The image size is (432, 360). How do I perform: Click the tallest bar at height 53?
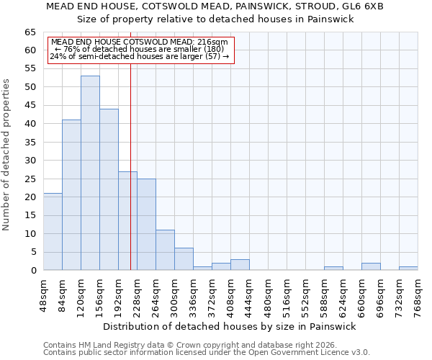(x=90, y=173)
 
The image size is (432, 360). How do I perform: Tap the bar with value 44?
(x=109, y=189)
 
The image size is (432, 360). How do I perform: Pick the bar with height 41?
(x=71, y=195)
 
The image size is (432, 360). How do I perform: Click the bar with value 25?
(x=146, y=225)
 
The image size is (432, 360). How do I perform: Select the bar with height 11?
(x=165, y=250)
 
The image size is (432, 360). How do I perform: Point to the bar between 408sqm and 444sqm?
(x=240, y=265)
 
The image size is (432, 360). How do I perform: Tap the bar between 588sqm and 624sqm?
(x=333, y=269)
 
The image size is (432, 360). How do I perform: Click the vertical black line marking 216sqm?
(x=130, y=166)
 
